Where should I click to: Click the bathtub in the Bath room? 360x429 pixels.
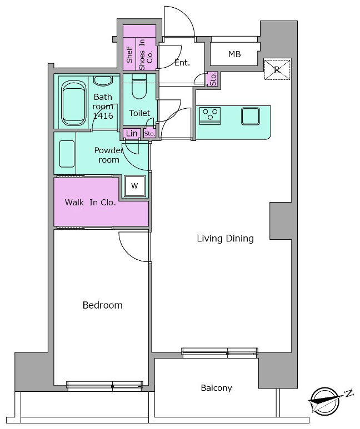[73, 103]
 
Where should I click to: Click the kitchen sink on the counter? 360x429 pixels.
[251, 117]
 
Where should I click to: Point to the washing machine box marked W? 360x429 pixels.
[134, 186]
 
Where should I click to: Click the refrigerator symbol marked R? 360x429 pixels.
[277, 69]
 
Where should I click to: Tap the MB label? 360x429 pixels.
[234, 54]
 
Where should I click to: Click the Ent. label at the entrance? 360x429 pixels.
[182, 63]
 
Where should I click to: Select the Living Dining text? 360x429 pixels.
[225, 238]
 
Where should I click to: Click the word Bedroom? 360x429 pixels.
[102, 305]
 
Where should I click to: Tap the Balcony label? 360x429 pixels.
[217, 388]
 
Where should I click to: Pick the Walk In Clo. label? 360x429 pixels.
[90, 203]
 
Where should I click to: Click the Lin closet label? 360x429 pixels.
[132, 134]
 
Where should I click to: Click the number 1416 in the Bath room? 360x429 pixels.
[103, 116]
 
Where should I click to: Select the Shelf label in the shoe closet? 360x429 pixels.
[129, 54]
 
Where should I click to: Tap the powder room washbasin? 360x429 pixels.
[67, 154]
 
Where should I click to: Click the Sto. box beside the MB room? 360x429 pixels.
[213, 79]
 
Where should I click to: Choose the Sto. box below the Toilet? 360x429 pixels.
[149, 134]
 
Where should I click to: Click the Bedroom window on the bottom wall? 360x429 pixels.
[104, 385]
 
